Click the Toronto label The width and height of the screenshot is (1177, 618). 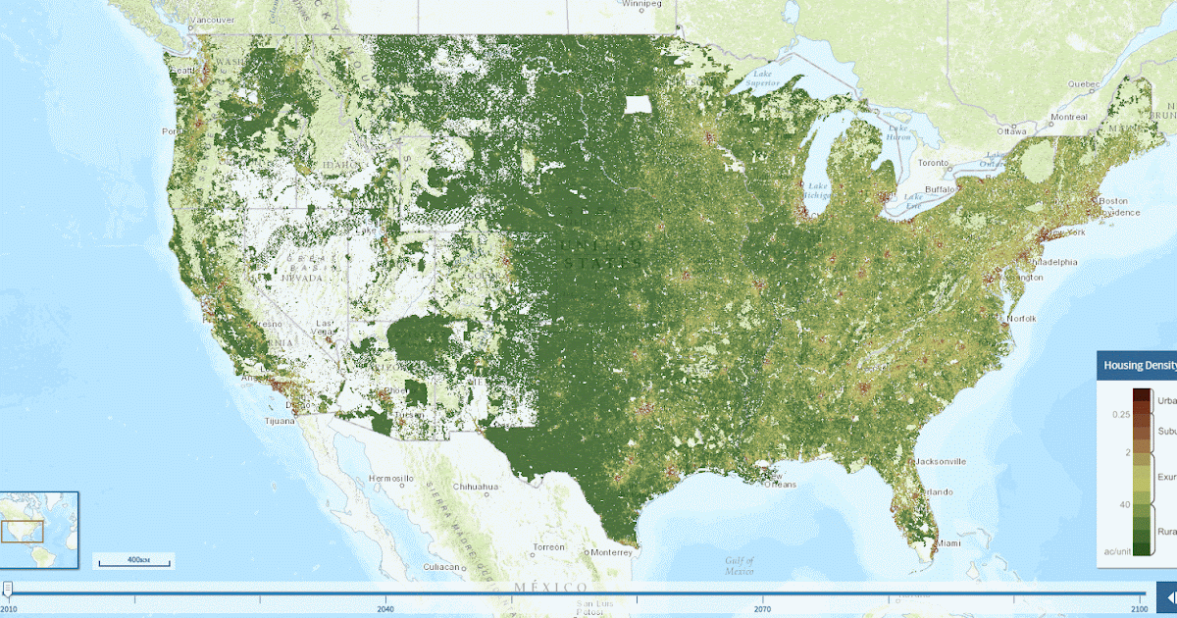934,162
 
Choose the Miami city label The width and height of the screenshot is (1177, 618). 947,542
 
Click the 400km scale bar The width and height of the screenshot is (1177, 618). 132,561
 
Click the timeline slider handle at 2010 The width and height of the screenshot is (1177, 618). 8,589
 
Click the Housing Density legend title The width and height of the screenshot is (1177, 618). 1139,365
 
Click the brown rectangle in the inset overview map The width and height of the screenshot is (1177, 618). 25,531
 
